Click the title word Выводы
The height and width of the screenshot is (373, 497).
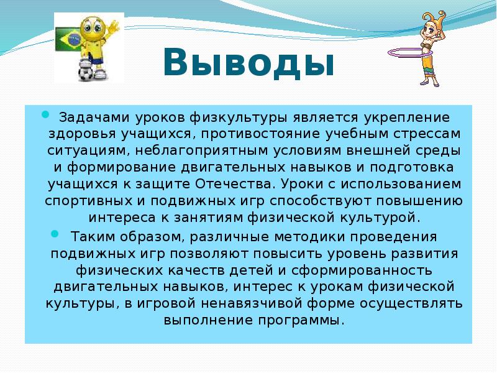coord(249,63)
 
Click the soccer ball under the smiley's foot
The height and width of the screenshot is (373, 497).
coord(86,73)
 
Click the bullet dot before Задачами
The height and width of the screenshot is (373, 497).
coord(45,114)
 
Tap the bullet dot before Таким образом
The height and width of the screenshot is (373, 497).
coord(55,234)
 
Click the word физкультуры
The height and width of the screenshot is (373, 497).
coord(239,117)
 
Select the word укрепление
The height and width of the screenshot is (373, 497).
coord(407,117)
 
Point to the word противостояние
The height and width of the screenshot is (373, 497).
coord(260,134)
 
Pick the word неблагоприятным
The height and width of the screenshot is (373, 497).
coord(202,150)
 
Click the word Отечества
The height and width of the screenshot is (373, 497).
coord(234,184)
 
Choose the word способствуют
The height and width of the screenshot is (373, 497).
coord(321,201)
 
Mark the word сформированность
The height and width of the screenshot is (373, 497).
coord(362,270)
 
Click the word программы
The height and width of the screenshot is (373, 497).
coord(301,320)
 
